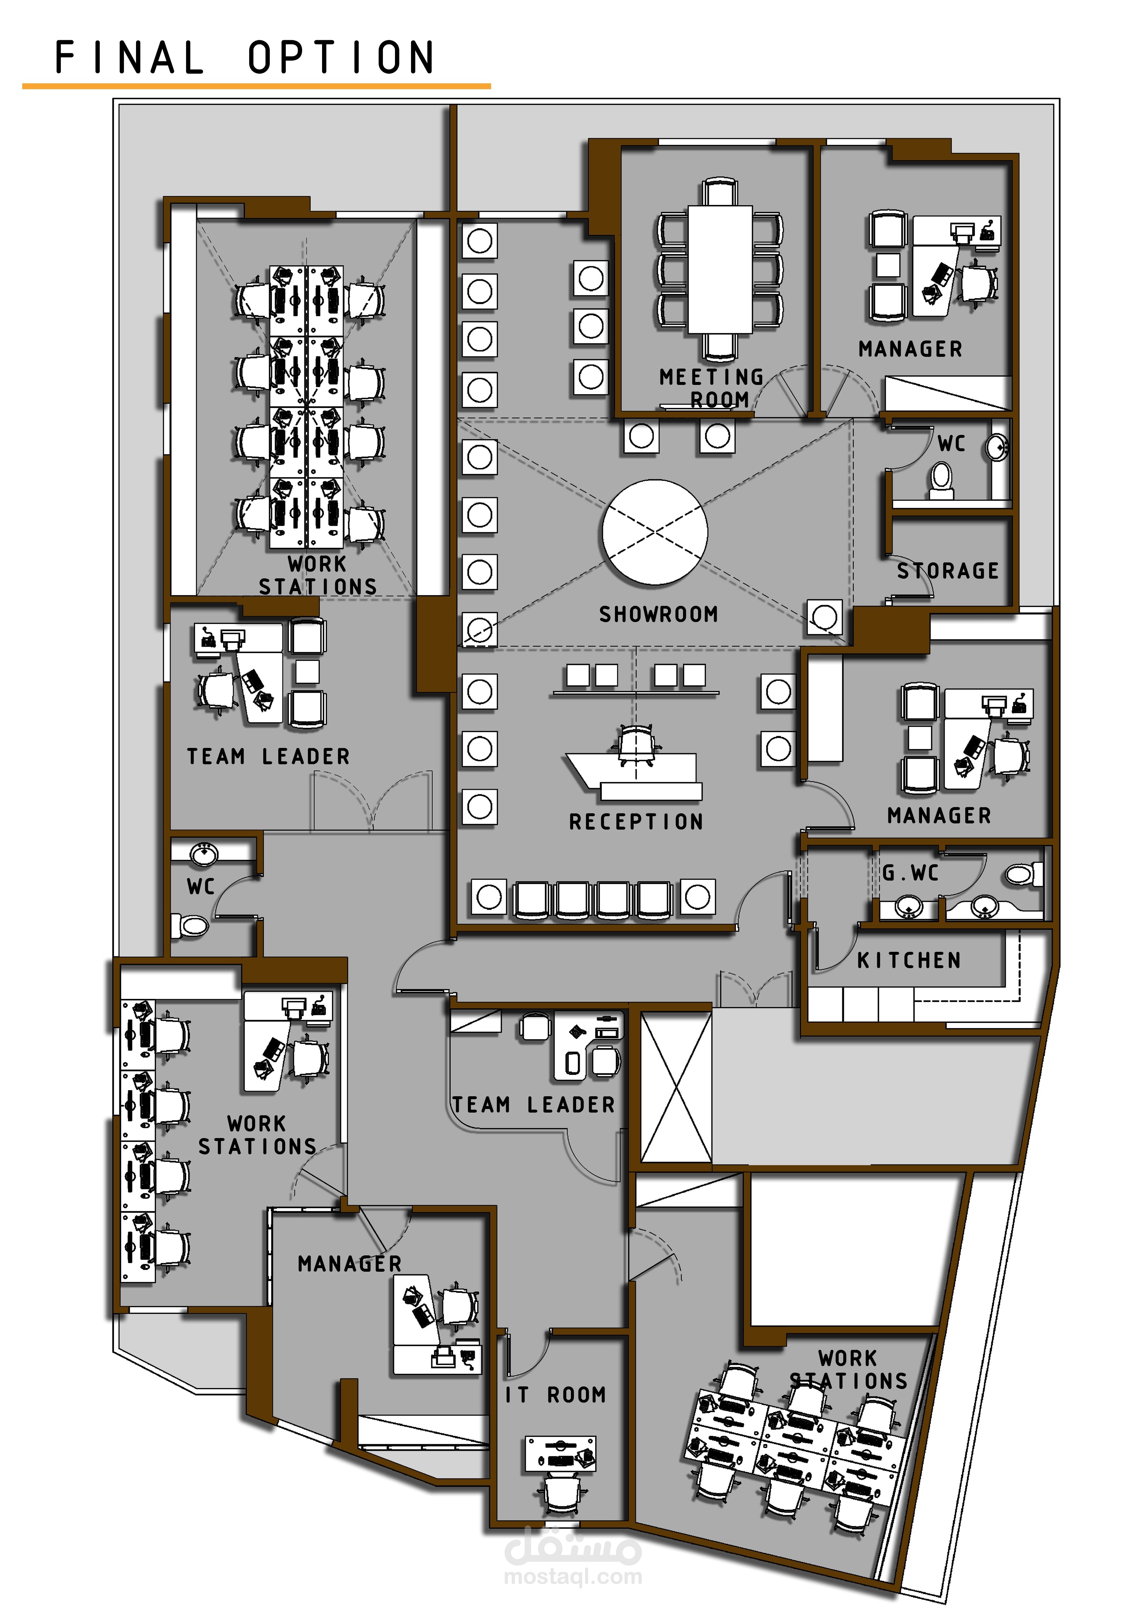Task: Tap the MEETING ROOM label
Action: click(712, 388)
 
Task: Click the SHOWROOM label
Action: click(658, 614)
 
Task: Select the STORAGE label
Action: click(948, 571)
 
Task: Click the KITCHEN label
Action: click(909, 960)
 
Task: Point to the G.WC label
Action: click(910, 873)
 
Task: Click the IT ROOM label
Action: click(556, 1394)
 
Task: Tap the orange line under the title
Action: click(256, 86)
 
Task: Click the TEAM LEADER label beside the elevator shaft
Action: click(534, 1105)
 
